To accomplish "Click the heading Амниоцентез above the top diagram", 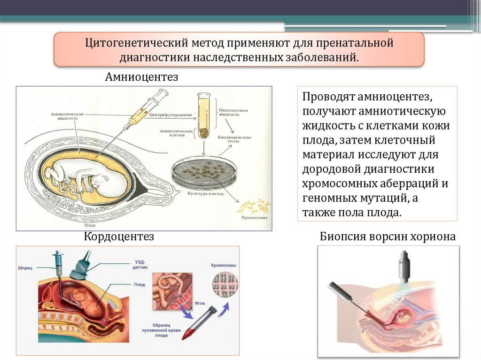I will (141, 77).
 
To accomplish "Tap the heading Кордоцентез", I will (119, 237).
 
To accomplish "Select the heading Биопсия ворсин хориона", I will (388, 237).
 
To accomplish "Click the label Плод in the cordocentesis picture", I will (140, 284).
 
